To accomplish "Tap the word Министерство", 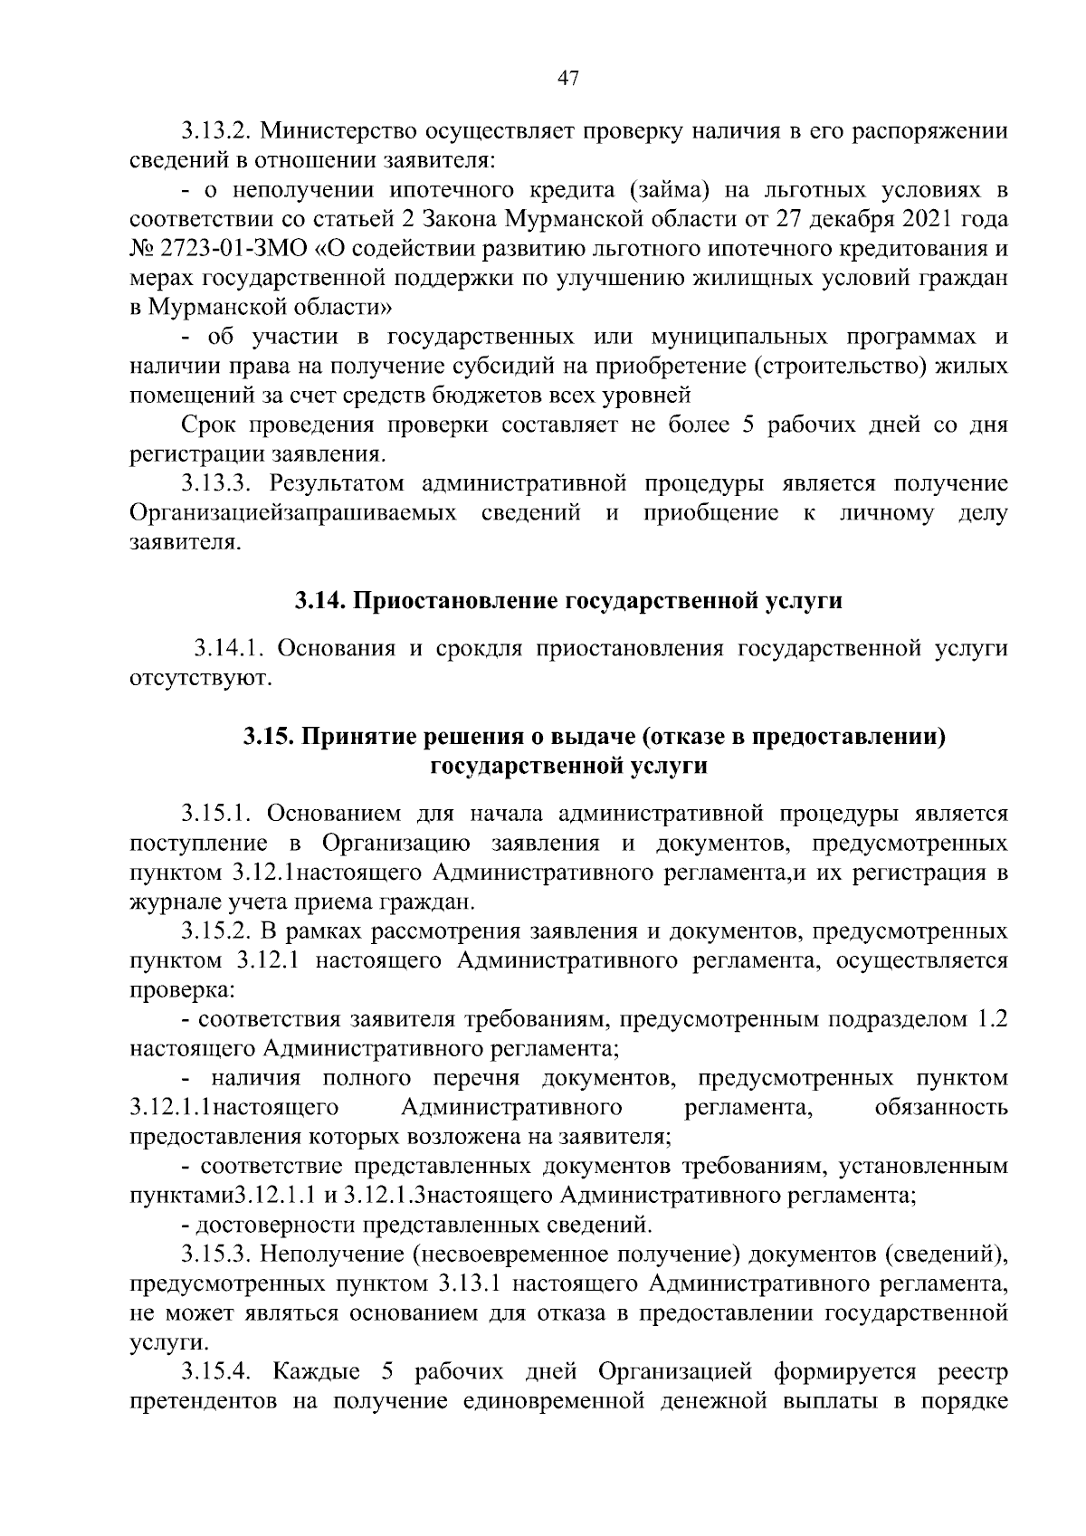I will click(x=334, y=130).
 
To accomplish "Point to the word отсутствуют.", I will click(x=200, y=678).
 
